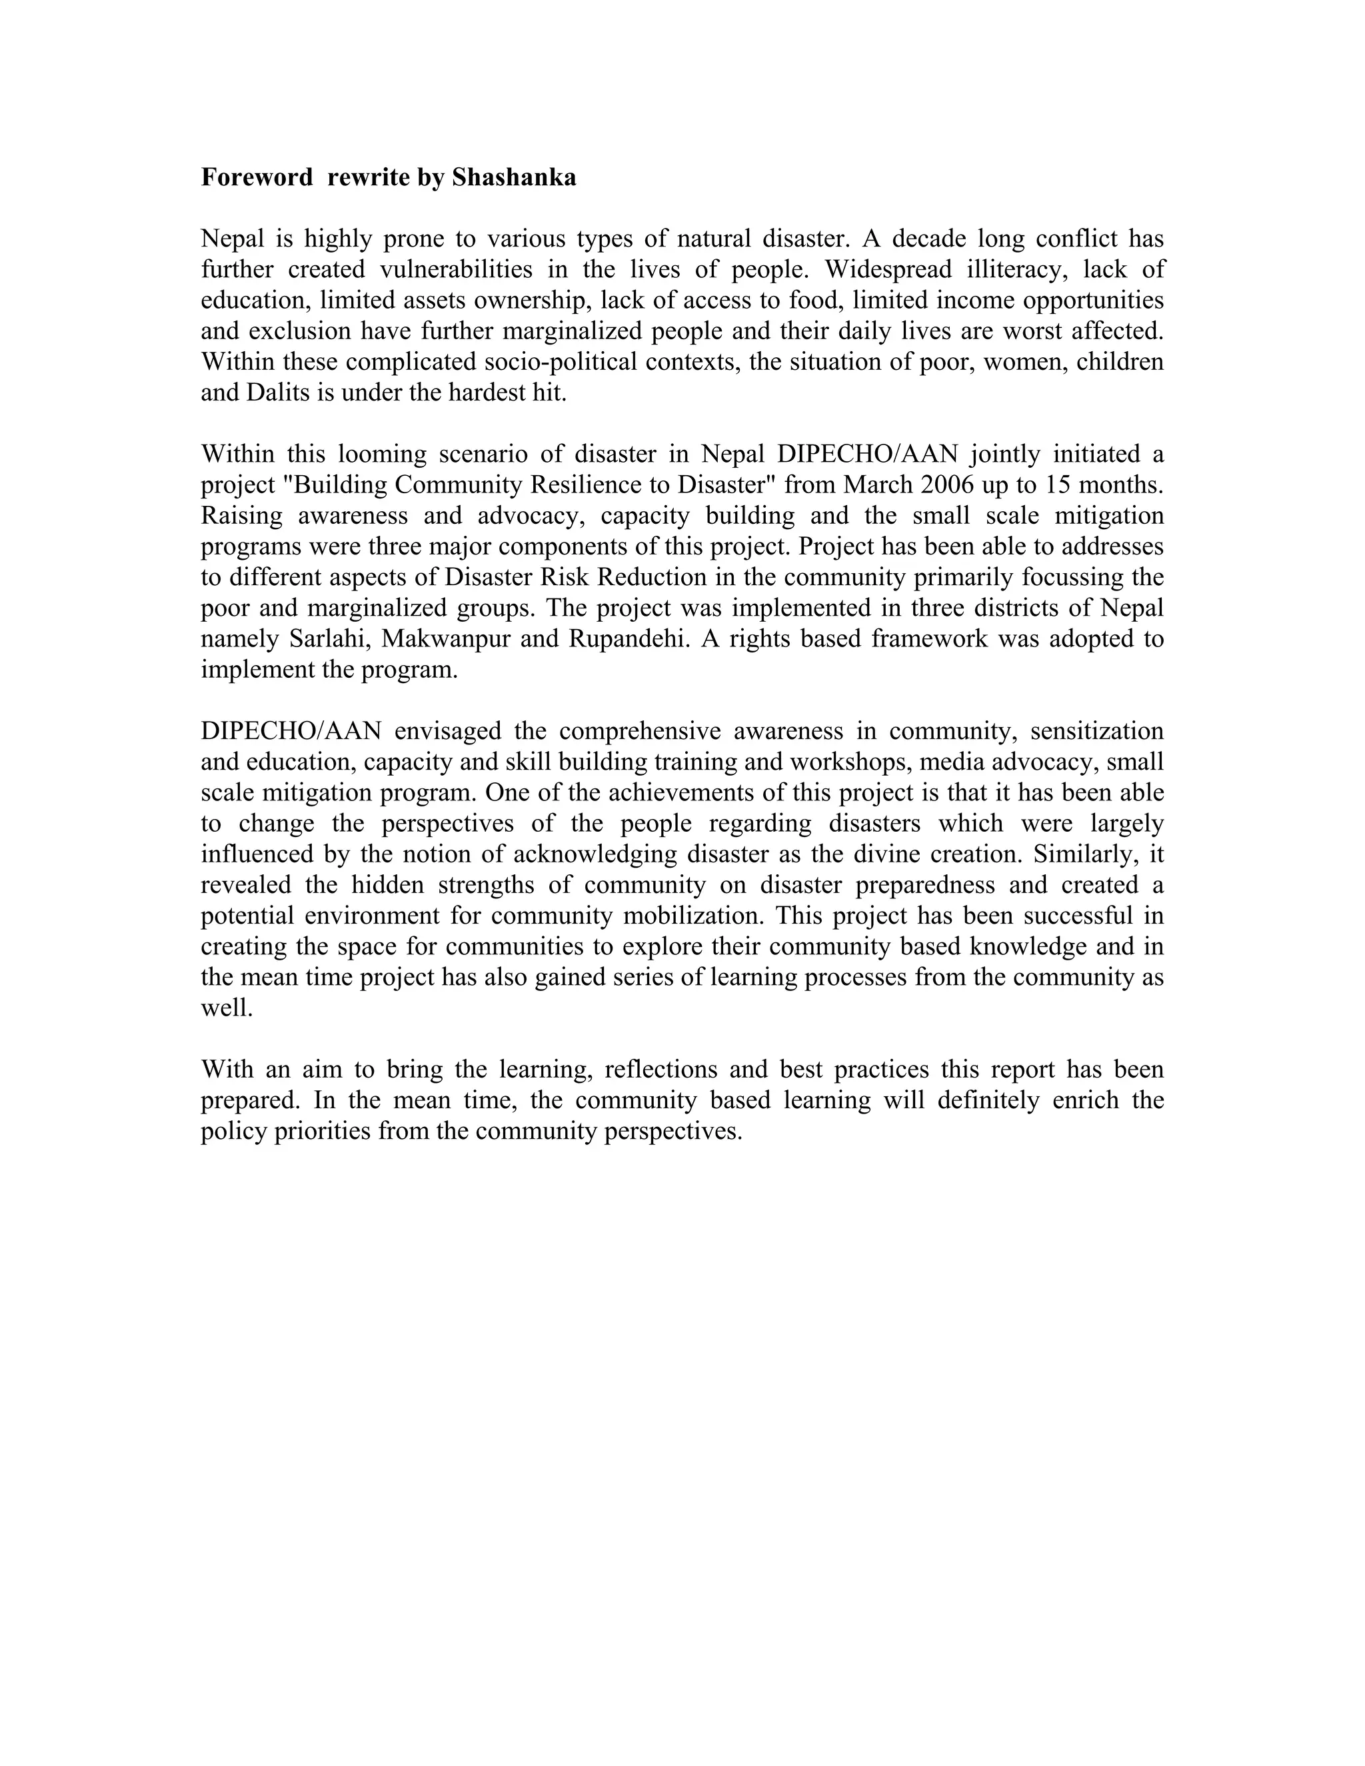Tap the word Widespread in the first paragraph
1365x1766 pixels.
pyautogui.click(x=888, y=269)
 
